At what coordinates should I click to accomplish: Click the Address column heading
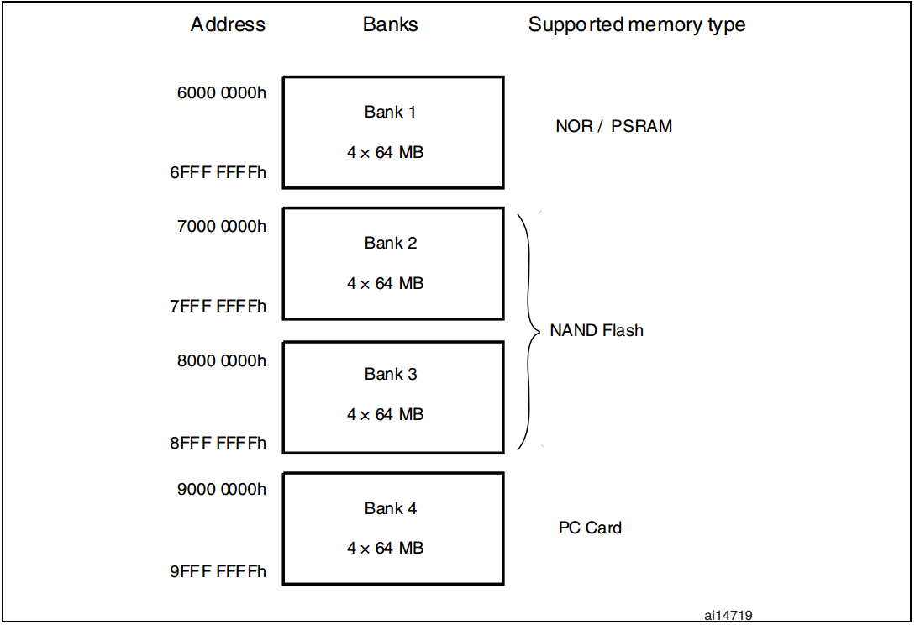click(x=228, y=24)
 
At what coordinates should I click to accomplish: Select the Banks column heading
click(x=390, y=24)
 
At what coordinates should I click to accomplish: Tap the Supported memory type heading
click(x=636, y=25)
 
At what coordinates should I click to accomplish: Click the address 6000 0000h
click(x=222, y=93)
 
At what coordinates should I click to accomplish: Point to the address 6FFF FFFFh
click(x=218, y=172)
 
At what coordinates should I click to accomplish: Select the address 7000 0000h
click(x=222, y=226)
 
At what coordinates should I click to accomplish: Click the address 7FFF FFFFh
click(x=218, y=306)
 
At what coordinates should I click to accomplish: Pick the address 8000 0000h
click(x=222, y=360)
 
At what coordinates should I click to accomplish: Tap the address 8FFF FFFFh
click(x=218, y=442)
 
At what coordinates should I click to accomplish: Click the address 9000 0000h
click(x=222, y=490)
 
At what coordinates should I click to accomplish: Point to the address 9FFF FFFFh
click(x=218, y=571)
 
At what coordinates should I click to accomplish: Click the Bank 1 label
click(x=390, y=112)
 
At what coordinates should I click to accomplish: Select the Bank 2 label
click(x=390, y=243)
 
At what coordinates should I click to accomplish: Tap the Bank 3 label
click(x=390, y=374)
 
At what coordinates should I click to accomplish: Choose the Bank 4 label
click(x=390, y=508)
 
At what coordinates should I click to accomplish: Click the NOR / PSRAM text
click(x=613, y=127)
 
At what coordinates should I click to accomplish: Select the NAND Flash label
click(x=597, y=331)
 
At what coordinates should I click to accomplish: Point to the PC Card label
click(x=590, y=528)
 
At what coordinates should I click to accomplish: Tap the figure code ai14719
click(x=728, y=616)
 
